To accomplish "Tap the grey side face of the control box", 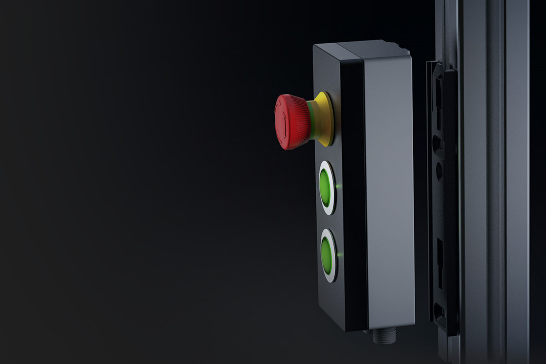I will [x=389, y=191].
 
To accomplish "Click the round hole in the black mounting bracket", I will [x=439, y=171].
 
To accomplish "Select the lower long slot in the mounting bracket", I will [x=440, y=255].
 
